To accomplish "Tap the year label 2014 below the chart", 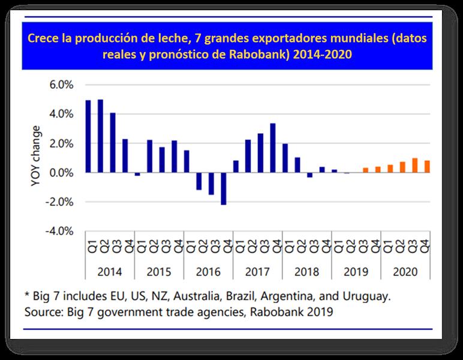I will point(110,271).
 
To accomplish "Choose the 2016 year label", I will point(208,271).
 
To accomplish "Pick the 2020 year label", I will point(406,271).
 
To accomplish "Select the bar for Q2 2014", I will point(100,136).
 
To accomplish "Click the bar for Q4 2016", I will point(224,188).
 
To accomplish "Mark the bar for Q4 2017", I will point(273,148).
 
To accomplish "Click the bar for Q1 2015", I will point(137,174).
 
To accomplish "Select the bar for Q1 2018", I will point(285,158).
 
